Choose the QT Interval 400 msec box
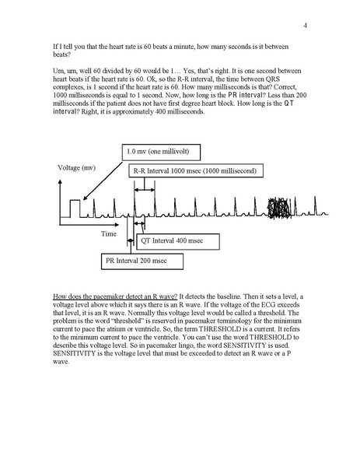pyautogui.click(x=173, y=242)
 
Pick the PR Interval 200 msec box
pyautogui.click(x=139, y=262)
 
